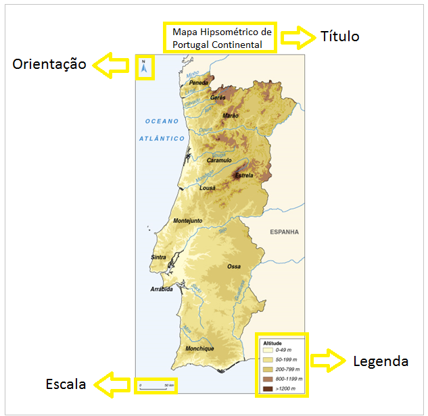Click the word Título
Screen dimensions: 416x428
(340, 36)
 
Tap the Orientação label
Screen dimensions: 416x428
(49, 64)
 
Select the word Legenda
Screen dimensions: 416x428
(381, 361)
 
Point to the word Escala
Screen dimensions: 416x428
(66, 384)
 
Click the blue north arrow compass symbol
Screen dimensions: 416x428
(144, 68)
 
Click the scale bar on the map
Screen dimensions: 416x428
(156, 387)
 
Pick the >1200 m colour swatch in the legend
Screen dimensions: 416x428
(268, 389)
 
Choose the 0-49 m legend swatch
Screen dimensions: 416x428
(268, 351)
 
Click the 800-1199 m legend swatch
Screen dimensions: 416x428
(268, 380)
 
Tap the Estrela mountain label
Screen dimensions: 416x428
(243, 176)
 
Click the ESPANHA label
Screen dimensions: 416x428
(284, 232)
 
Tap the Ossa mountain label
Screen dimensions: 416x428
(234, 267)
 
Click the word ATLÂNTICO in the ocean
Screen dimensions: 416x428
(162, 138)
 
